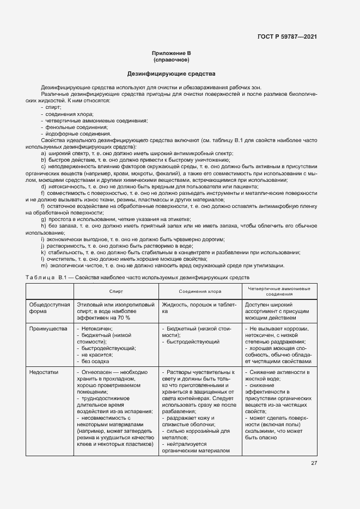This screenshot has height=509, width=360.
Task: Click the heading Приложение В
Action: (x=172, y=53)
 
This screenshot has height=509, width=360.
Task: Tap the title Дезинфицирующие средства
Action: (x=172, y=73)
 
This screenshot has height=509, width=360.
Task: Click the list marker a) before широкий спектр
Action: (x=43, y=154)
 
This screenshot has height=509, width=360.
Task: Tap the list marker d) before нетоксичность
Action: (x=43, y=186)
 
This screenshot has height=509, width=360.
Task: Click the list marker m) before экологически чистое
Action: (x=44, y=265)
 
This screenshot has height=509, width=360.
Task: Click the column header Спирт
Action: (x=115, y=291)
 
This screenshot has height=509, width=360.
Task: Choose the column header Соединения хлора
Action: (x=200, y=291)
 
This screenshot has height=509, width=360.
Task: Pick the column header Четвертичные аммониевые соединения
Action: (x=279, y=291)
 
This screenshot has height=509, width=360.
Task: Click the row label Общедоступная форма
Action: (x=50, y=308)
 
